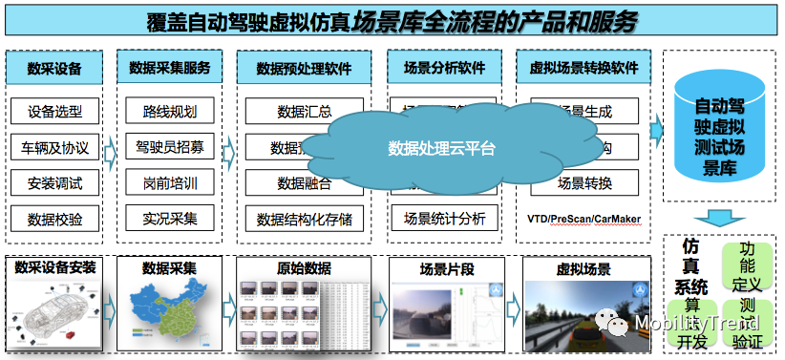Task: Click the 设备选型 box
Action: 54,112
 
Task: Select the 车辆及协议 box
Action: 54,148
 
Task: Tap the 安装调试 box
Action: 54,183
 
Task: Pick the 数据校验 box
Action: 54,219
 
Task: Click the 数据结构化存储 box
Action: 304,219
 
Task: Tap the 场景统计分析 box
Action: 444,217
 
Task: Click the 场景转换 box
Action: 583,181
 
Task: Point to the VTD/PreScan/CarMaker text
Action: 583,218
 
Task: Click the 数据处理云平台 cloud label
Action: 442,149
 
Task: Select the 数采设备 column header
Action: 54,69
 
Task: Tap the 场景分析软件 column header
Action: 444,69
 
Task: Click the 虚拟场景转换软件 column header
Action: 583,69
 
